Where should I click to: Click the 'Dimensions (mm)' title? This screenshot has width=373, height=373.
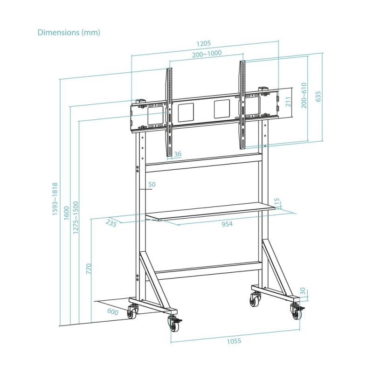click(x=69, y=33)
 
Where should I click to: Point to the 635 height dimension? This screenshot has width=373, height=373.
click(x=318, y=96)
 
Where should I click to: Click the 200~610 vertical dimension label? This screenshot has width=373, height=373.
click(x=304, y=96)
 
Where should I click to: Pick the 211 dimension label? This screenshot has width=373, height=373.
click(x=288, y=102)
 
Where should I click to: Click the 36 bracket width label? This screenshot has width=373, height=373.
click(x=178, y=154)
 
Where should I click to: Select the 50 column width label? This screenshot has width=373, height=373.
click(x=152, y=185)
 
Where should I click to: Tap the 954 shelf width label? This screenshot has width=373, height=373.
click(x=227, y=224)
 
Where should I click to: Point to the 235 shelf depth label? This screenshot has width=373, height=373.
click(x=111, y=223)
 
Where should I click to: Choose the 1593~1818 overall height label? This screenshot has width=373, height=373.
click(x=55, y=199)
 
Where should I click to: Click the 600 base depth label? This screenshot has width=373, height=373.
click(x=112, y=312)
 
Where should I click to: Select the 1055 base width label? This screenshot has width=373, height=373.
click(x=234, y=341)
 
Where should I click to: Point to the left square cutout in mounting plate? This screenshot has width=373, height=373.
click(x=185, y=112)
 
